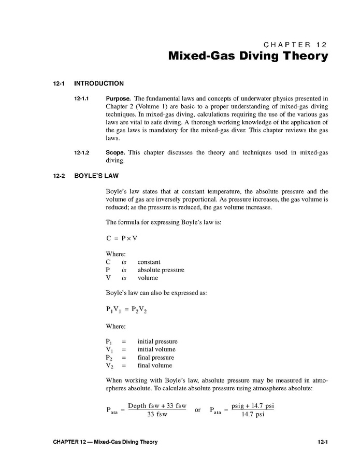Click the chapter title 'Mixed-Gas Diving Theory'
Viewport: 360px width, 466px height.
248,56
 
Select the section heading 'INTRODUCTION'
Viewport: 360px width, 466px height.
99,83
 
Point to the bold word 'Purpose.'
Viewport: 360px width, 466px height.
118,97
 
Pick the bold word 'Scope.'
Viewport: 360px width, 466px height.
116,152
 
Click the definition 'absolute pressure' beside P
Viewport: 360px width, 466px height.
161,270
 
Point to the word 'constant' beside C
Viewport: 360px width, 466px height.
149,262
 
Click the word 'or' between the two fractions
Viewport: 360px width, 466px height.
198,409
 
